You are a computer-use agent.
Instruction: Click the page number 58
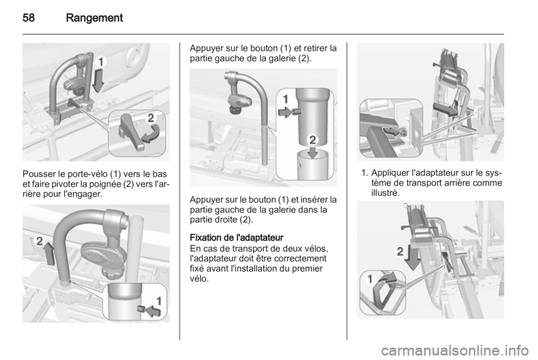pyautogui.click(x=29, y=17)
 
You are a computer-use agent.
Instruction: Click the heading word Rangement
pyautogui.click(x=94, y=18)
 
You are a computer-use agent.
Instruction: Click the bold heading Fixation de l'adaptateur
pyautogui.click(x=236, y=238)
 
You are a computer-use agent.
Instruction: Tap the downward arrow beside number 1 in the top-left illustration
pyautogui.click(x=99, y=80)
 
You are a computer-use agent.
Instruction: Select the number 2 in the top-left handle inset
pyautogui.click(x=150, y=118)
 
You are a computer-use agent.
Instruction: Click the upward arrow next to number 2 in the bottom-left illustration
pyautogui.click(x=50, y=253)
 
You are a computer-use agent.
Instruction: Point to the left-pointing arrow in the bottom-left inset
pyautogui.click(x=152, y=311)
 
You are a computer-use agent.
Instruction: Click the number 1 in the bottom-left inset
pyautogui.click(x=159, y=301)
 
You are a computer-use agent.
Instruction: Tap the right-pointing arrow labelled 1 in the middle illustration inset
pyautogui.click(x=285, y=112)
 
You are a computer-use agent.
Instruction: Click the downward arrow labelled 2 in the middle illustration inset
pyautogui.click(x=312, y=152)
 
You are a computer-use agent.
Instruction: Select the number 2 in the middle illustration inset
pyautogui.click(x=313, y=140)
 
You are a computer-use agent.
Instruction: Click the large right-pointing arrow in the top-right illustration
pyautogui.click(x=445, y=109)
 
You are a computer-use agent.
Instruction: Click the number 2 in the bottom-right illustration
pyautogui.click(x=400, y=252)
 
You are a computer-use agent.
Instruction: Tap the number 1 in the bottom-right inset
pyautogui.click(x=369, y=279)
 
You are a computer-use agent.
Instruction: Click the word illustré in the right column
pyautogui.click(x=386, y=192)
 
